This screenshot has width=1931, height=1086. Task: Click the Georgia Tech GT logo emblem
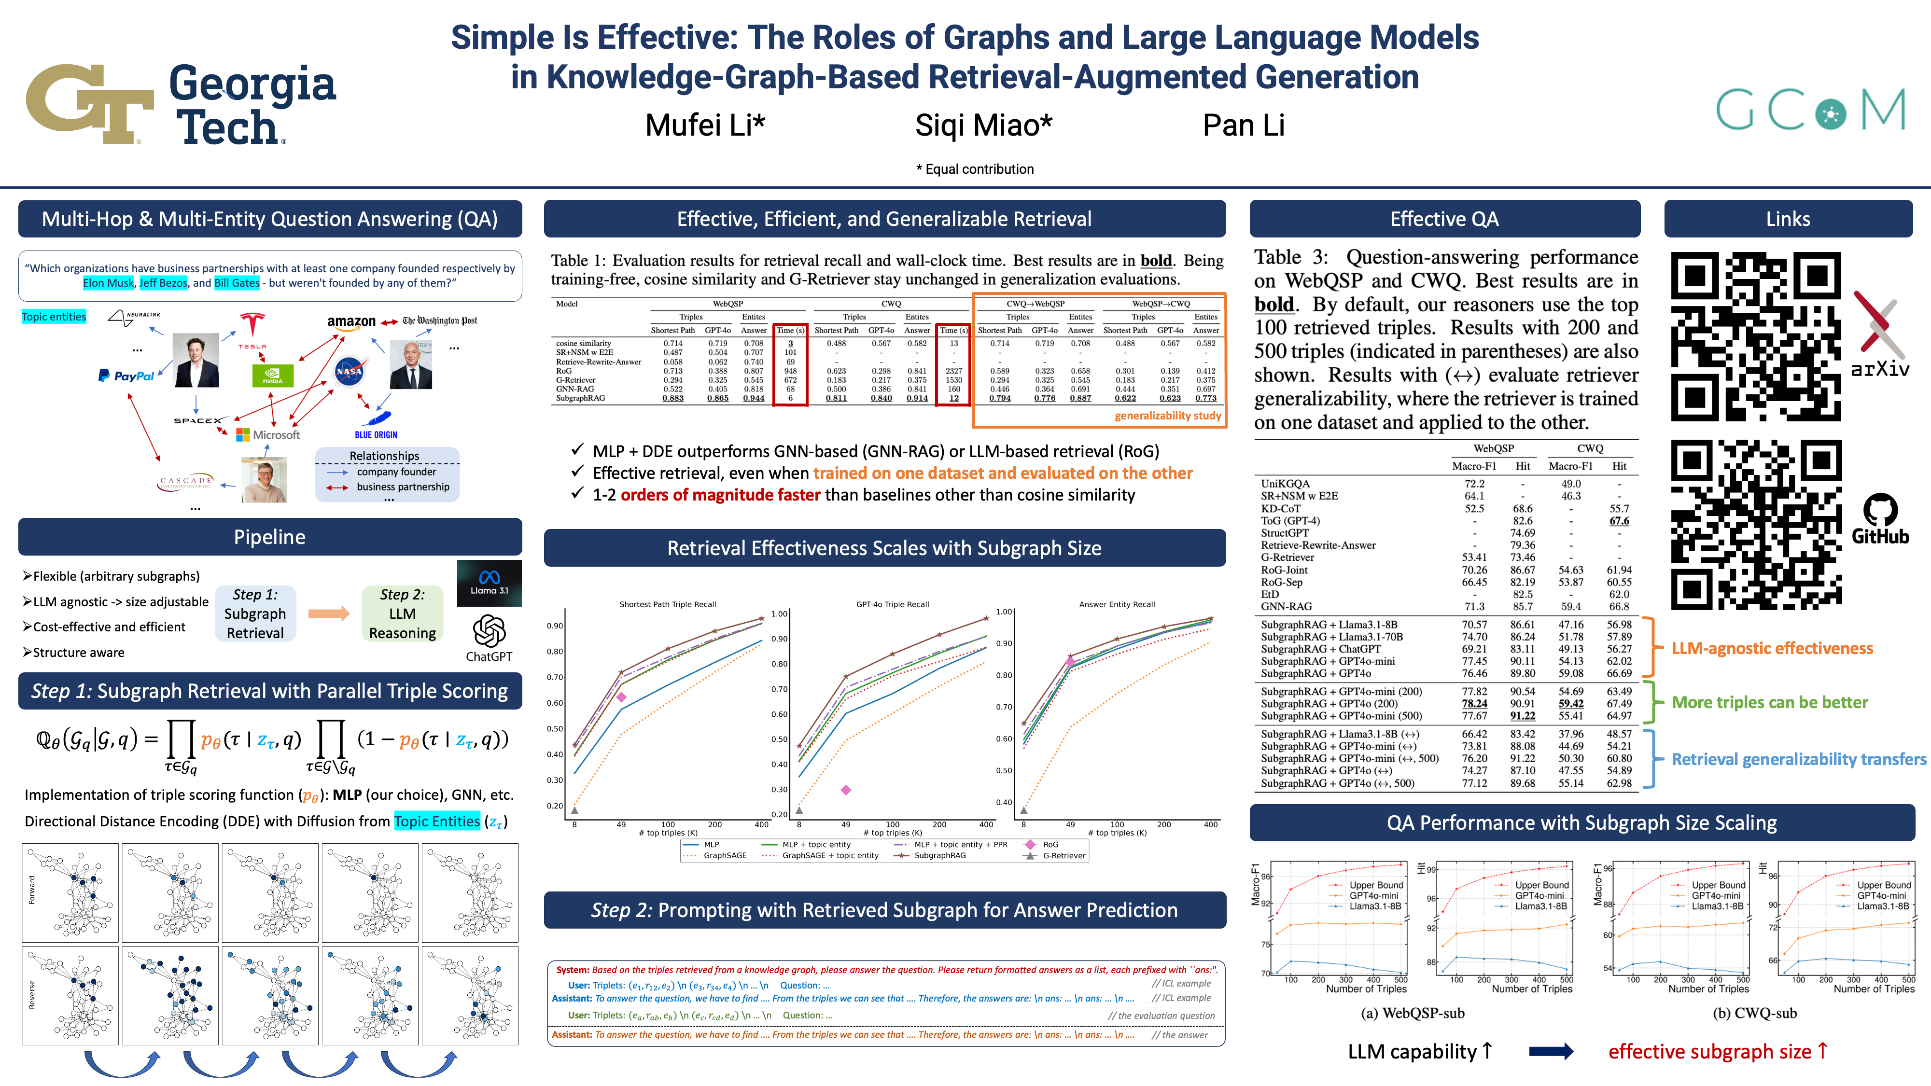pyautogui.click(x=90, y=103)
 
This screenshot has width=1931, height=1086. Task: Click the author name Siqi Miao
pyautogui.click(x=983, y=125)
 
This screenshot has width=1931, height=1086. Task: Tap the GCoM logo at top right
pyautogui.click(x=1810, y=110)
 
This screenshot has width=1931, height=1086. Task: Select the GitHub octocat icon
pyautogui.click(x=1880, y=510)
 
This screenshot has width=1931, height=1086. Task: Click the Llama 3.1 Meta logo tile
pyautogui.click(x=489, y=583)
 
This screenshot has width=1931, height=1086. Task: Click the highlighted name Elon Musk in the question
pyautogui.click(x=109, y=282)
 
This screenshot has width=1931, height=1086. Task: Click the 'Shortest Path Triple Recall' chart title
pyautogui.click(x=667, y=604)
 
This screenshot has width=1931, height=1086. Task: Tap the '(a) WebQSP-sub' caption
pyautogui.click(x=1412, y=1013)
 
